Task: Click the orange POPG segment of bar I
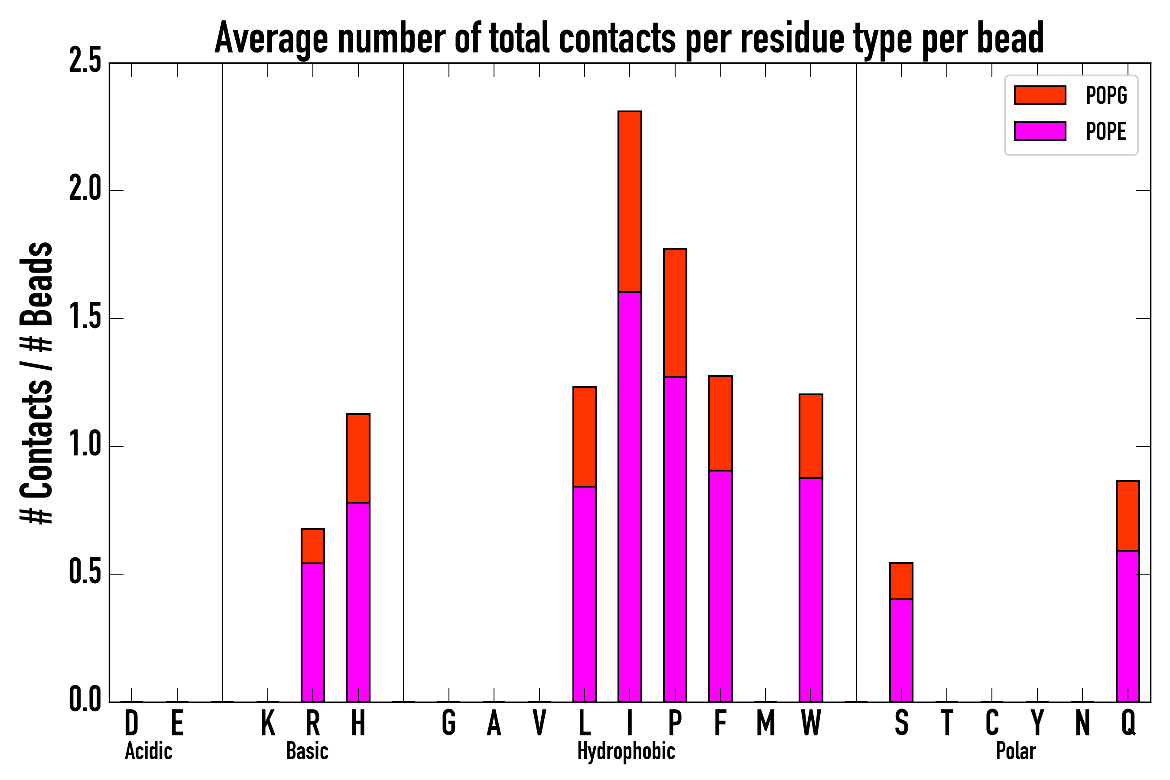[x=629, y=201]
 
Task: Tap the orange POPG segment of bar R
[x=312, y=546]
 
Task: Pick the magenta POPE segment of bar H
[x=358, y=602]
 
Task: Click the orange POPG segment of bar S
[x=901, y=581]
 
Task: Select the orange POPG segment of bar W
[x=811, y=436]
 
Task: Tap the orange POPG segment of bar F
[x=720, y=423]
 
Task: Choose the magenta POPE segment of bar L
[x=584, y=594]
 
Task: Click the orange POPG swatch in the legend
[x=1040, y=95]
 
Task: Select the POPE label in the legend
[x=1106, y=131]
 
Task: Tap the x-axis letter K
[x=268, y=723]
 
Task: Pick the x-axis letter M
[x=766, y=723]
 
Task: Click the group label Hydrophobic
[x=626, y=751]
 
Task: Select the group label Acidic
[x=148, y=751]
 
